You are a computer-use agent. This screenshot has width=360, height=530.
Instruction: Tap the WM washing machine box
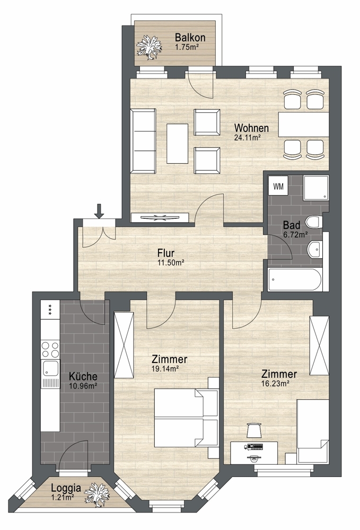pos(278,186)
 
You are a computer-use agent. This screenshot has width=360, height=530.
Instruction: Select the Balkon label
pos(190,37)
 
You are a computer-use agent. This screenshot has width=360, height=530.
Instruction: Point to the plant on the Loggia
pos(97,494)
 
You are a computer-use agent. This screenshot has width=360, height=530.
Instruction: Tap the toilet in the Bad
pos(313,223)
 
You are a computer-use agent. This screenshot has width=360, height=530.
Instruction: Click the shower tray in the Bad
pos(315,187)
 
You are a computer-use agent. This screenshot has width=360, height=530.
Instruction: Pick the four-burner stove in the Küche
pos(50,349)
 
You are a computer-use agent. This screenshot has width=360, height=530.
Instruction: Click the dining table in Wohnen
pos(303,124)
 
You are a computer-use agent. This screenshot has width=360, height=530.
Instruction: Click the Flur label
pos(166,253)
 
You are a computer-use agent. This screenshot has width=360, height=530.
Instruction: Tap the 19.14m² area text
pos(165,369)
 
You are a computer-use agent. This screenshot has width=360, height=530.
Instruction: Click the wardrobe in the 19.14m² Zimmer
pos(124,345)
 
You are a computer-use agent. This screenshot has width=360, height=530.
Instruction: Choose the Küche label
pos(83,376)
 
